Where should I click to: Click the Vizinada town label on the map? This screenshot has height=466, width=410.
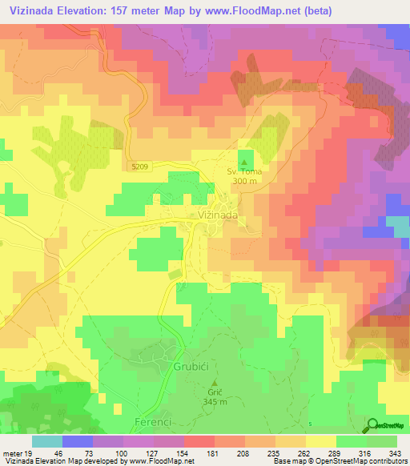click(216, 215)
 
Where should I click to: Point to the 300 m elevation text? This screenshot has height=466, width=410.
click(245, 181)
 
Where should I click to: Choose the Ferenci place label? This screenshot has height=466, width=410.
click(144, 420)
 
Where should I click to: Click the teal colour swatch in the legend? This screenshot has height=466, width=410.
click(46, 441)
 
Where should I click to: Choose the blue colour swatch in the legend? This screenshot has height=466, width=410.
click(77, 441)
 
